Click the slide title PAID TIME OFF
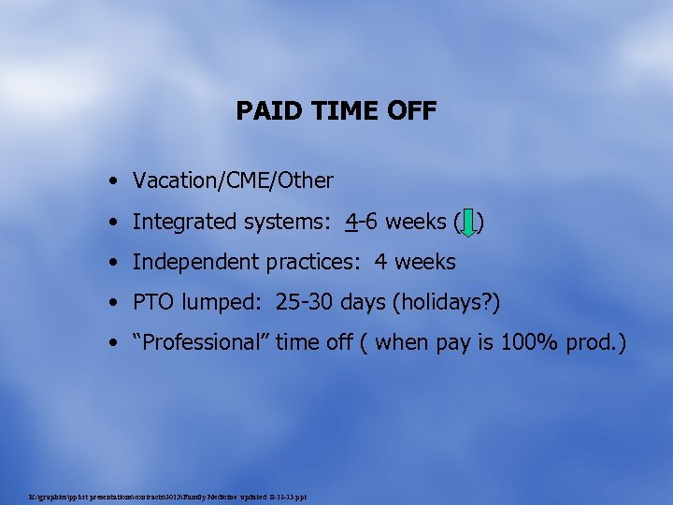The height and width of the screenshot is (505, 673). coord(336,111)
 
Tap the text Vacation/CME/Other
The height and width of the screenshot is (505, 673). coord(233,180)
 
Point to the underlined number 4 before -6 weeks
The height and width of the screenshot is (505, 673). coord(351,222)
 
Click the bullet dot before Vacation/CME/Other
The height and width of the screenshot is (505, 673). coord(112,180)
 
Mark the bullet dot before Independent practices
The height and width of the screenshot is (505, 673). coord(112,262)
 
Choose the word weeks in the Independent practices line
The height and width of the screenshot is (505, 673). coord(426,262)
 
